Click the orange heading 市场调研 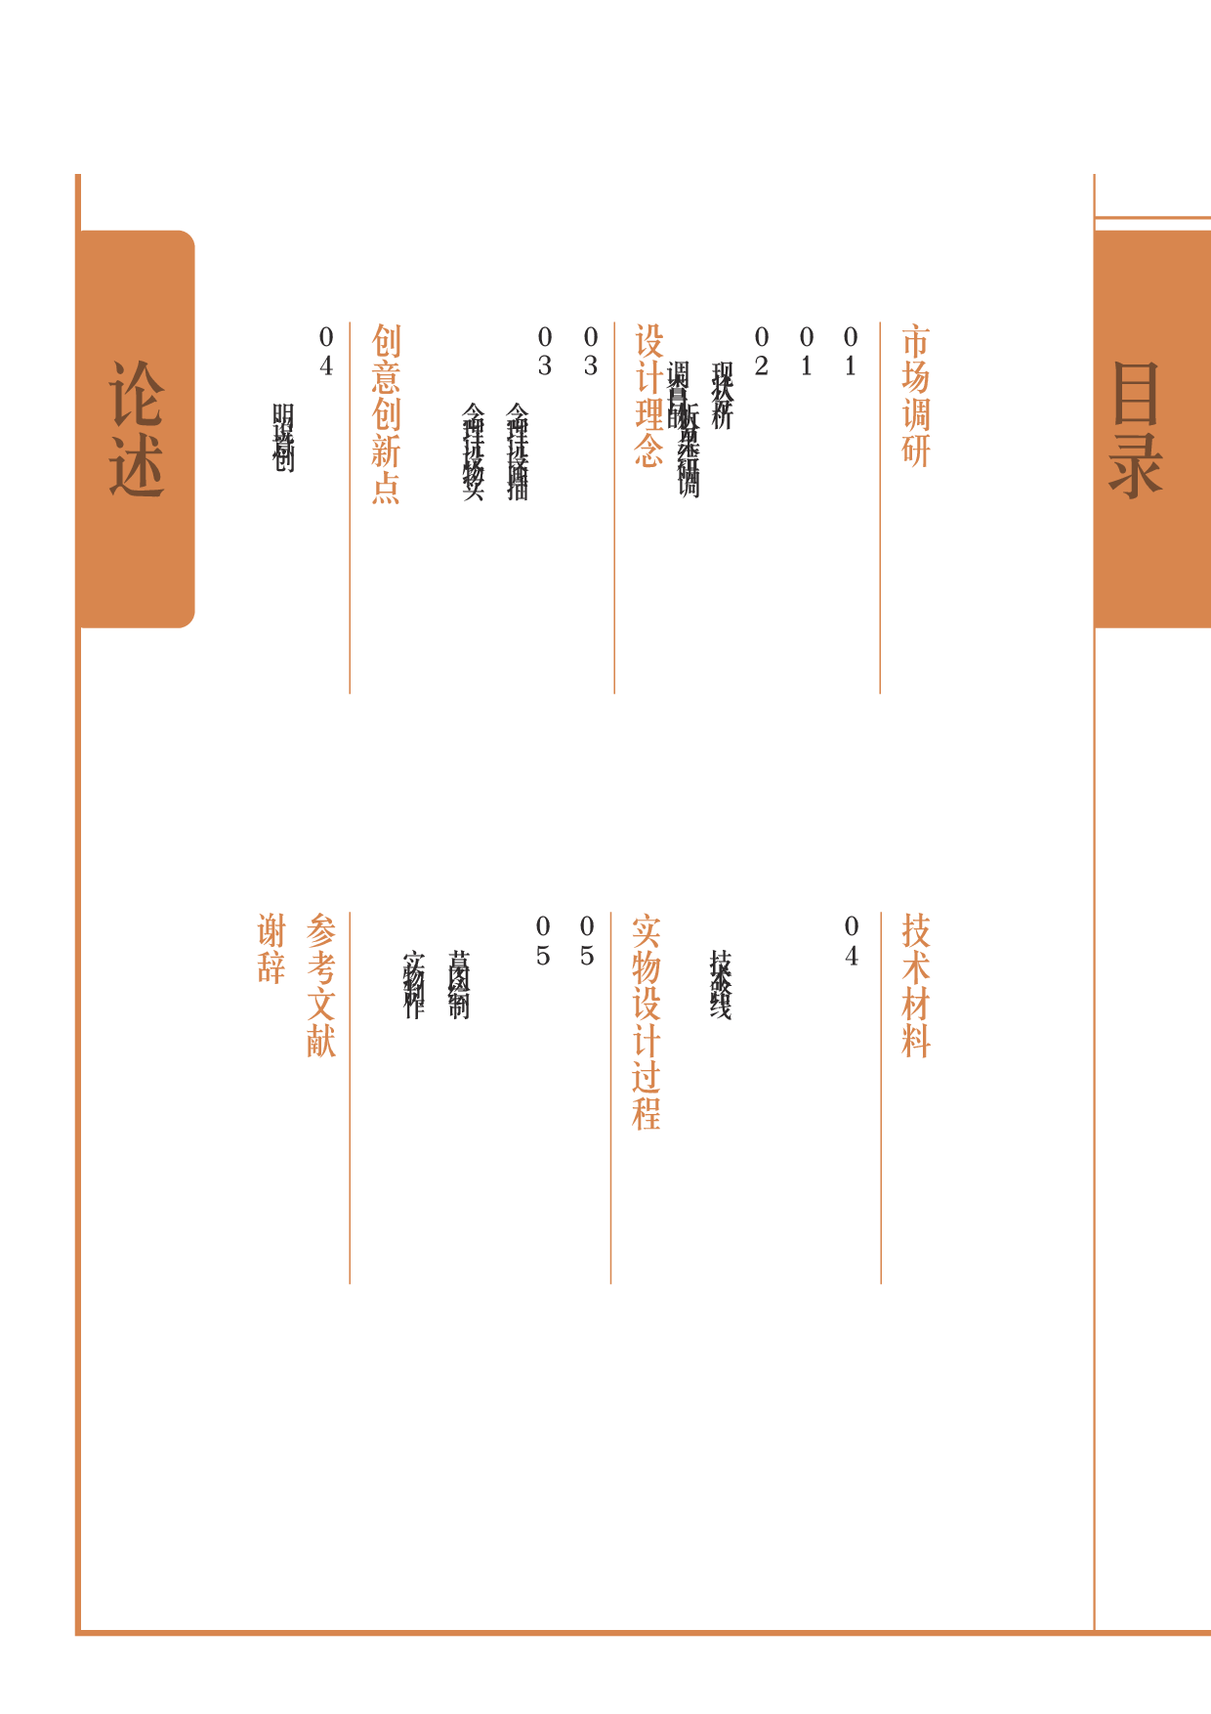click(916, 397)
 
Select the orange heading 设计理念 click(649, 397)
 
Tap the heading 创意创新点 click(386, 414)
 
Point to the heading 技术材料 click(916, 986)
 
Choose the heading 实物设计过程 click(647, 1022)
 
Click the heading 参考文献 click(321, 986)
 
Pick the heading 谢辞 click(271, 949)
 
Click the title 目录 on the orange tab click(1136, 430)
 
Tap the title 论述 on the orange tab click(136, 430)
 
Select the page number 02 click(761, 352)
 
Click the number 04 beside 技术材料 click(852, 941)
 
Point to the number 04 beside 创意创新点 click(326, 352)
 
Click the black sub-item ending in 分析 click(722, 396)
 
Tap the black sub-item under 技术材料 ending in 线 click(720, 985)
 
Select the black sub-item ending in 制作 click(413, 985)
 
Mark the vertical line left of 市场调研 click(880, 508)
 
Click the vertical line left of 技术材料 click(880, 1098)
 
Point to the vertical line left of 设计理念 click(614, 508)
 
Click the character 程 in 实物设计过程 click(647, 1113)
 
